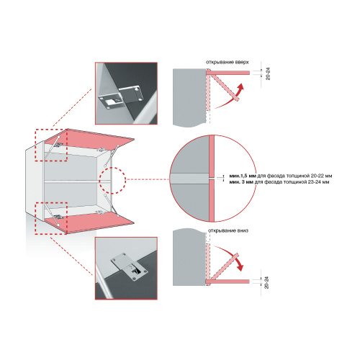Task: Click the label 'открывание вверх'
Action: tap(227, 62)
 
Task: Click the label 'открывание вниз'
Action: tap(228, 230)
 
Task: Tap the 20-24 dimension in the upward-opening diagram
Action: tap(268, 73)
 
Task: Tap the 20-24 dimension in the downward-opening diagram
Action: tap(266, 282)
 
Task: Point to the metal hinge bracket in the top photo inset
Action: tap(121, 96)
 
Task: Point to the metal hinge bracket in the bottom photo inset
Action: tap(129, 266)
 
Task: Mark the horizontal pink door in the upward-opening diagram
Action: tap(228, 72)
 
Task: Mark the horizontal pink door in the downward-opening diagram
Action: tap(228, 282)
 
